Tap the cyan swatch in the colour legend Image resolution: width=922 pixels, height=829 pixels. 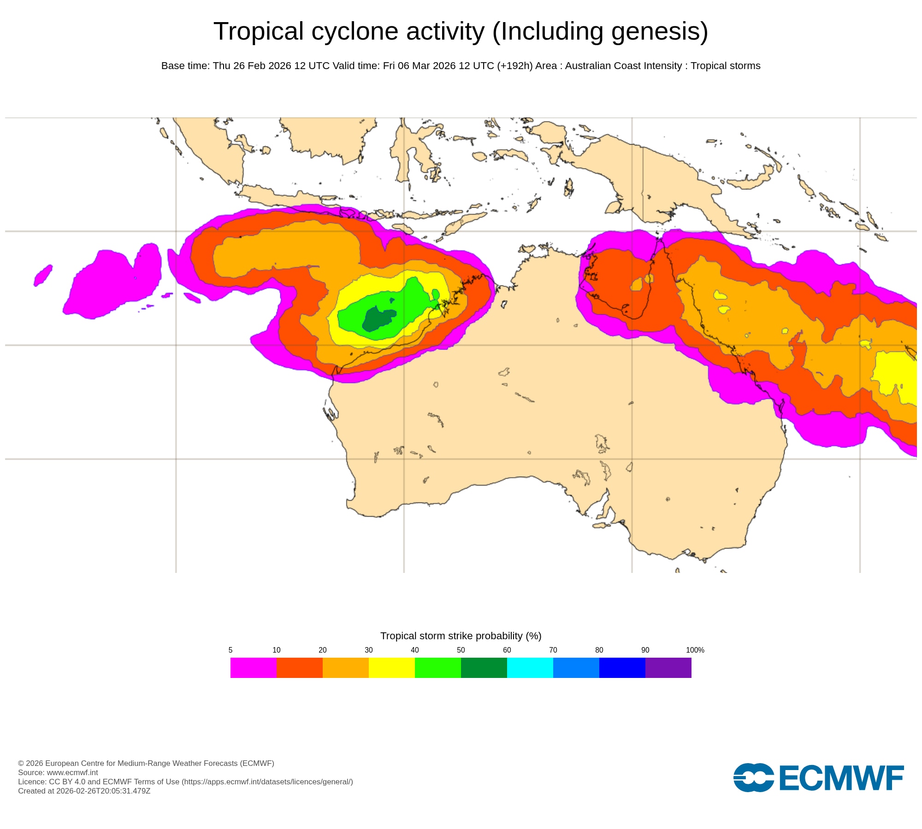pos(530,667)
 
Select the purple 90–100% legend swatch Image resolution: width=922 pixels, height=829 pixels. pos(668,667)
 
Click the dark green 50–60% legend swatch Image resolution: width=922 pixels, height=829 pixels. pos(484,667)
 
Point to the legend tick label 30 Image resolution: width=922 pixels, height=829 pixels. pos(368,650)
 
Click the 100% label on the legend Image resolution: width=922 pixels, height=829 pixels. pos(695,650)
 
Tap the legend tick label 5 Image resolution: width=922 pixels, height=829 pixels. pos(230,650)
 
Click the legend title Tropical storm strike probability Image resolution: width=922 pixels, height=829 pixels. pos(461,636)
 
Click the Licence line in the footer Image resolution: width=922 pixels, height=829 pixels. pos(185,782)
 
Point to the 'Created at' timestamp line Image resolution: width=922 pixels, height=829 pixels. pos(84,791)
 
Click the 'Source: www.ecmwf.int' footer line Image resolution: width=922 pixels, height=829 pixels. pos(58,772)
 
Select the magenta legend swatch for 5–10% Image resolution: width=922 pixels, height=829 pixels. pos(253,667)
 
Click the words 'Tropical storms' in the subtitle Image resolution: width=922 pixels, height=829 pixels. pos(725,66)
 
